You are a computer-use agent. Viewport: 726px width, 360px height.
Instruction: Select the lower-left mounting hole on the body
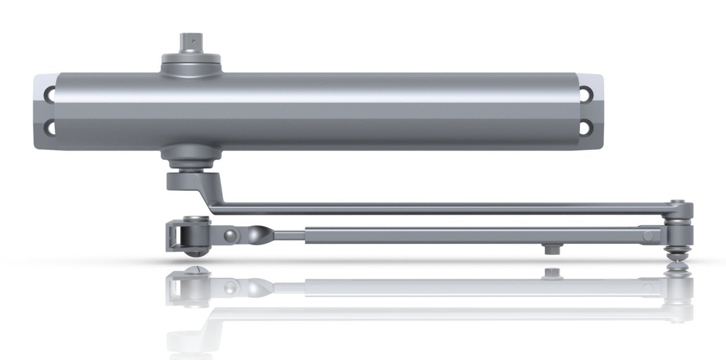pyautogui.click(x=51, y=125)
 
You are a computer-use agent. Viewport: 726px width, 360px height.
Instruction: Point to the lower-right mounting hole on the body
pyautogui.click(x=588, y=125)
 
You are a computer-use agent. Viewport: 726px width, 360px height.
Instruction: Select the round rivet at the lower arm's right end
pyautogui.click(x=648, y=235)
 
